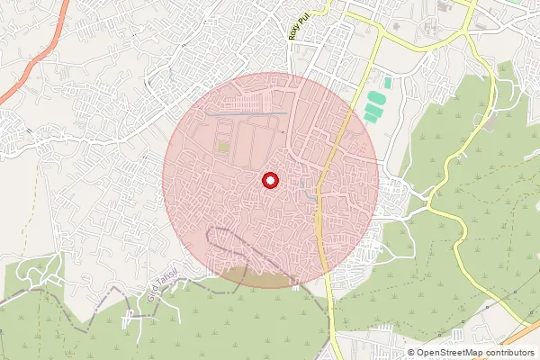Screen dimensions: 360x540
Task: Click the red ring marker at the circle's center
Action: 269,181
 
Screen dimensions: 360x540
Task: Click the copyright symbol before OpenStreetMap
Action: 411,353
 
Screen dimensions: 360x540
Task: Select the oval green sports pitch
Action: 373,96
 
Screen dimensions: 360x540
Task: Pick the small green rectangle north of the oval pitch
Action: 388,83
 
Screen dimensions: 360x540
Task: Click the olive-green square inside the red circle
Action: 223,146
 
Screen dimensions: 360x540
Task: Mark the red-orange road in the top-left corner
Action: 31,63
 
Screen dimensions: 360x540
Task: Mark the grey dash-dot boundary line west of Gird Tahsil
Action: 54,292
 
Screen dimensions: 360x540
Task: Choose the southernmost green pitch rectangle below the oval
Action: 369,115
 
